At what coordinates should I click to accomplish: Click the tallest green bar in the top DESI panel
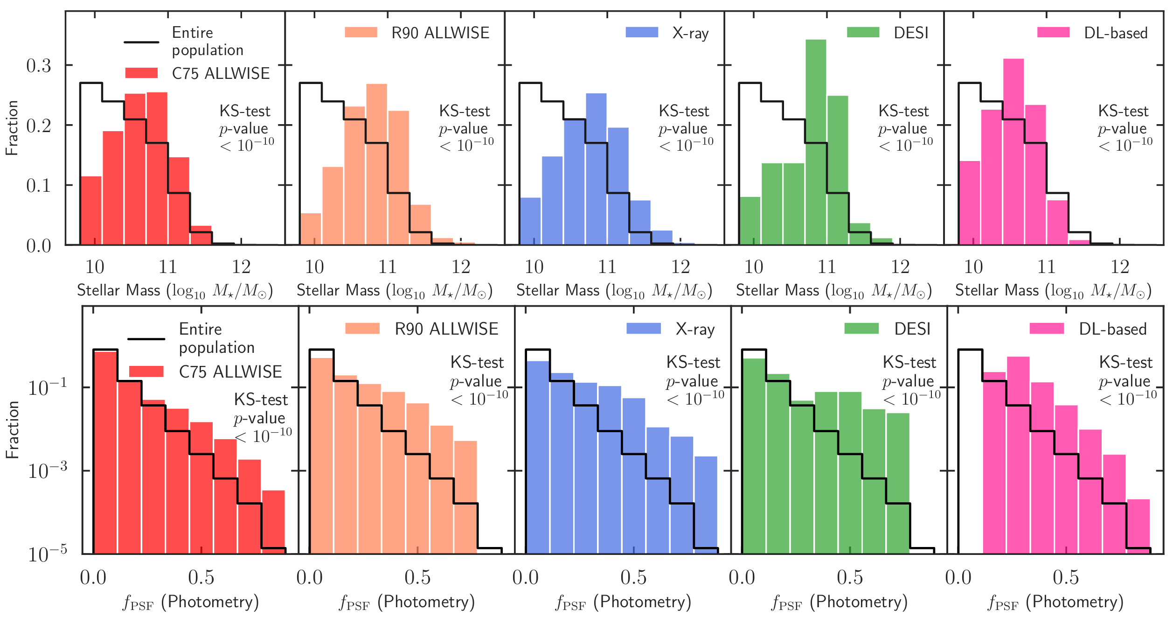coord(816,140)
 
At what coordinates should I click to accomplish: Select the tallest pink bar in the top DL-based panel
coord(1013,149)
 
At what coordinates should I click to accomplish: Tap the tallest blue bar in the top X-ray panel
coord(596,168)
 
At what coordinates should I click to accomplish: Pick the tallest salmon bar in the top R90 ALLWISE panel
coord(376,163)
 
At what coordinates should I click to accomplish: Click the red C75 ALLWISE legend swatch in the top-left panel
coord(141,73)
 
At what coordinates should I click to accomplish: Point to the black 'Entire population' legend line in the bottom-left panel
coord(146,339)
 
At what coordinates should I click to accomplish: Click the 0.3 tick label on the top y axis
coord(39,66)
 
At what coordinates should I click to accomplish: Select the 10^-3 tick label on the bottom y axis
coord(47,470)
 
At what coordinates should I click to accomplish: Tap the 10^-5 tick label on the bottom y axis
coord(47,554)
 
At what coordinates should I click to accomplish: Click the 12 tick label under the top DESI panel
coord(900,267)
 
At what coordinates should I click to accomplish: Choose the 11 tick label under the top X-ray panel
coord(607,267)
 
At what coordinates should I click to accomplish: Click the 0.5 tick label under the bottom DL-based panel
coord(1066,577)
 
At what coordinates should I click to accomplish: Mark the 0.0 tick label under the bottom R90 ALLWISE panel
coord(309,577)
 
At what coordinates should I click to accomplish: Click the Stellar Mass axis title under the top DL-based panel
coord(1053,291)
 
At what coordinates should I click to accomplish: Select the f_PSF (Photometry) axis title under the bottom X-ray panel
coord(623,602)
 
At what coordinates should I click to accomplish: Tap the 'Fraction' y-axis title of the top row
coord(12,128)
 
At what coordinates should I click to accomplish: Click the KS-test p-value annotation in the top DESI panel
coord(905,128)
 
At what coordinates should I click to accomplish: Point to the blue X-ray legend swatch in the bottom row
coord(643,328)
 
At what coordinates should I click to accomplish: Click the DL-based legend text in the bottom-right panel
coord(1112,329)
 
